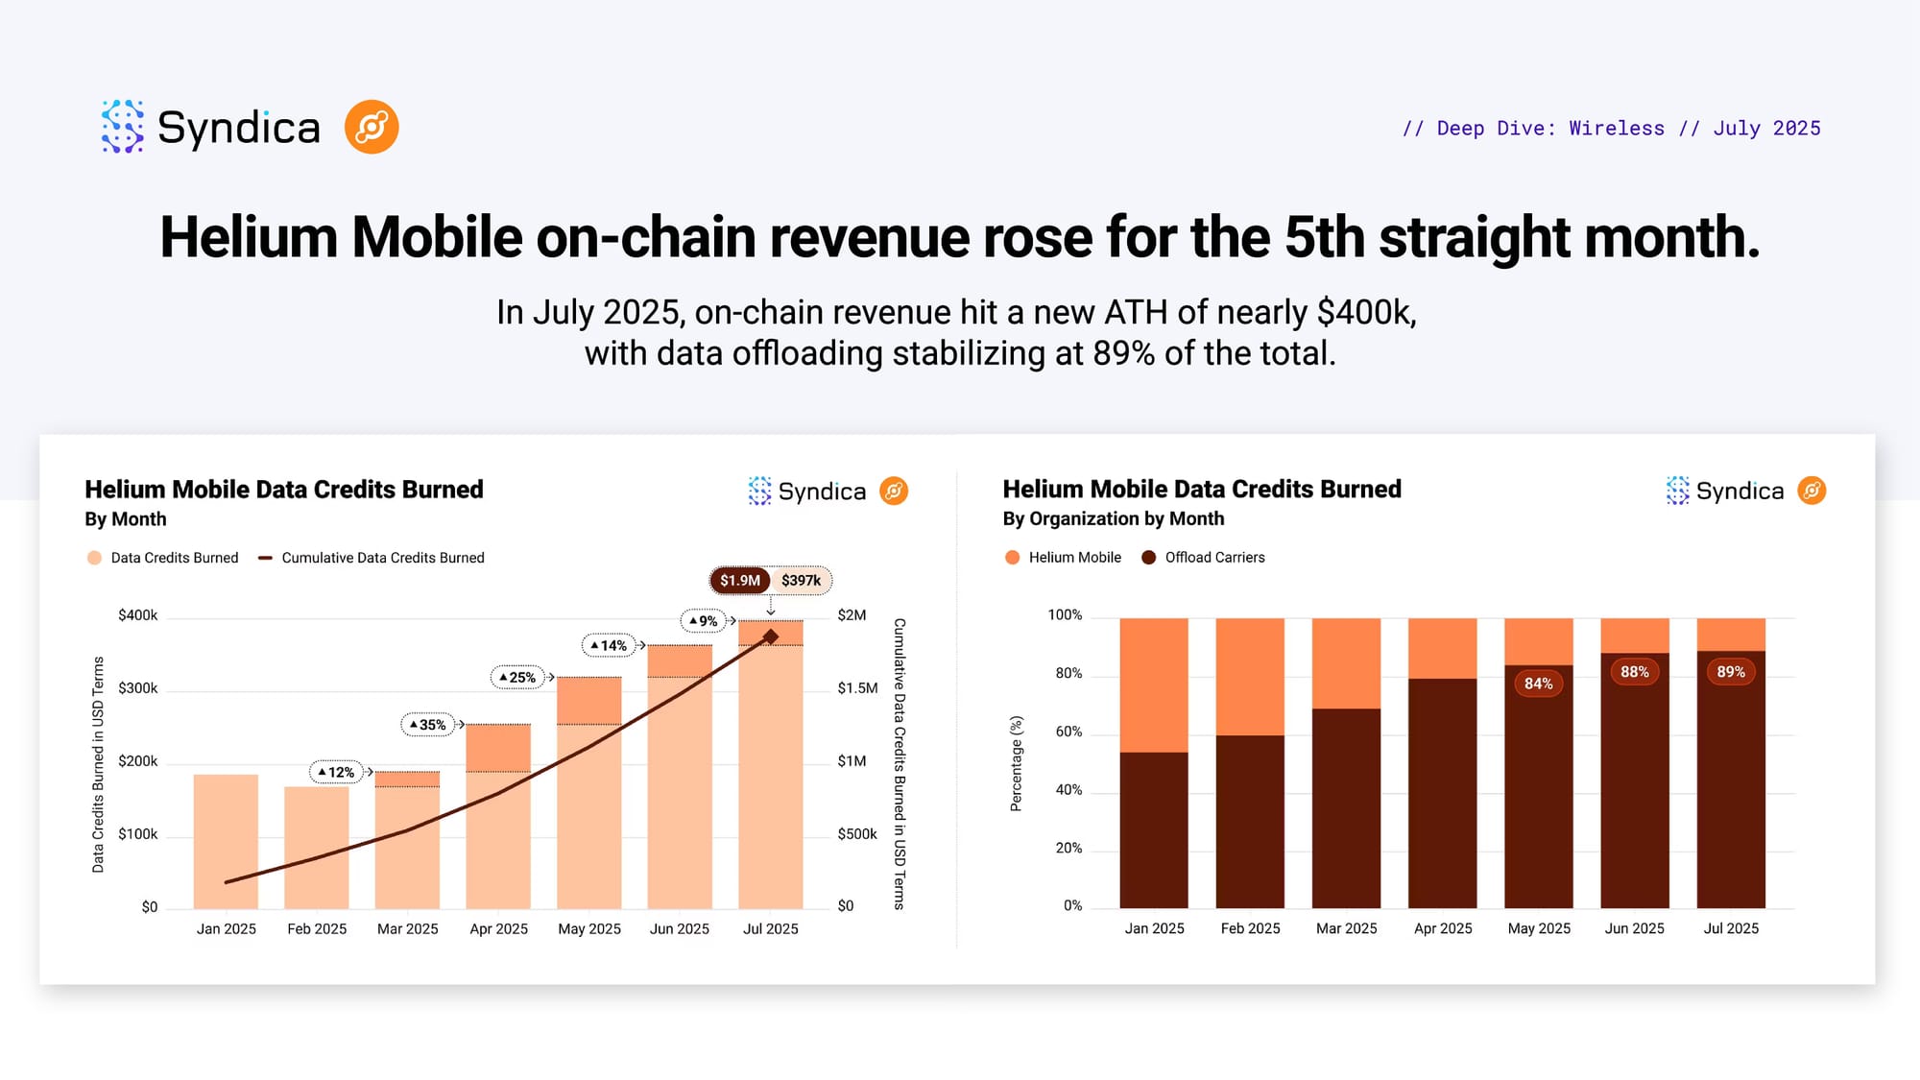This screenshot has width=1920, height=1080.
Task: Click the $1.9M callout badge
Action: coord(740,581)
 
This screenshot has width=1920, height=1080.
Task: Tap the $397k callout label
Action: coord(801,581)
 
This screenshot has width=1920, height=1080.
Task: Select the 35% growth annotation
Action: coord(428,725)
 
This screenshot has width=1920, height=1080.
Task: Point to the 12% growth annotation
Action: coord(337,772)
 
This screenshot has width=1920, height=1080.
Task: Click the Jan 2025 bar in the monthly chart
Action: coord(226,840)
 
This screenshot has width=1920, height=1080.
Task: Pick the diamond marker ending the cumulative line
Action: coord(770,636)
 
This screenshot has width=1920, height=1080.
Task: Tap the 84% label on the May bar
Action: coord(1538,684)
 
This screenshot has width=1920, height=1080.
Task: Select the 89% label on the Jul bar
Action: coord(1730,672)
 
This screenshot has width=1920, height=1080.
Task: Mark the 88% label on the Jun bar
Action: coord(1634,672)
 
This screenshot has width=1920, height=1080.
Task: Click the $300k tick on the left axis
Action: coord(137,688)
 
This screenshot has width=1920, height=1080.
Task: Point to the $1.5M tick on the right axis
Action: coord(857,688)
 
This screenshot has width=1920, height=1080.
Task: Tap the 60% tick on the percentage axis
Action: coord(1068,732)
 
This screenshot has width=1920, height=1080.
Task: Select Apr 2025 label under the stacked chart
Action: coord(1442,928)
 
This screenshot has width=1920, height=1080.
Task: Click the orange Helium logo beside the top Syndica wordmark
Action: coord(372,127)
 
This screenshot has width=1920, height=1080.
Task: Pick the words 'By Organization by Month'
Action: coord(1113,519)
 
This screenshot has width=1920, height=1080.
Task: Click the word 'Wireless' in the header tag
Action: coord(1617,129)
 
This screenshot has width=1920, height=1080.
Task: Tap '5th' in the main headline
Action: coord(1324,237)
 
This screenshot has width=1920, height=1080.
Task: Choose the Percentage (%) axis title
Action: coord(1016,763)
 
